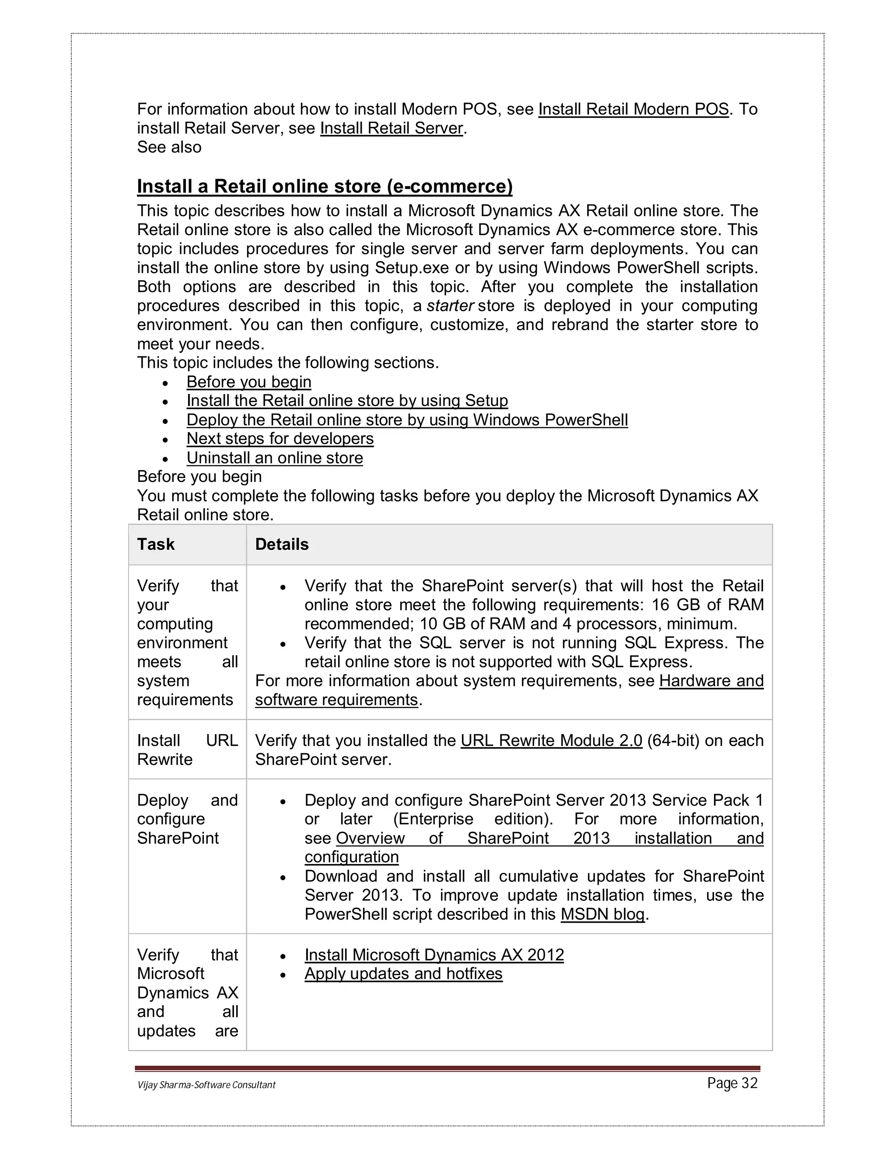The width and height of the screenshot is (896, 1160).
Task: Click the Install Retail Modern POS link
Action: click(633, 109)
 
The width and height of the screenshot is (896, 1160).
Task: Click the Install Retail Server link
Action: click(392, 129)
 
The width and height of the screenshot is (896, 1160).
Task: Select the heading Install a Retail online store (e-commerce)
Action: click(324, 186)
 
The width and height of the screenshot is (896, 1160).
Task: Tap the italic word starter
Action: click(450, 306)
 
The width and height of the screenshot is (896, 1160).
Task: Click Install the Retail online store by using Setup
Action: click(347, 401)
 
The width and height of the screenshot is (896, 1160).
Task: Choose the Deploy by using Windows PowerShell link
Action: click(406, 420)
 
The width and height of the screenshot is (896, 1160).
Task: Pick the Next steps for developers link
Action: click(280, 439)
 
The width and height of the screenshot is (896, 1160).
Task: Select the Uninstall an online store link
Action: click(274, 458)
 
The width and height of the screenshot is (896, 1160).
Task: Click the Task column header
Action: click(155, 545)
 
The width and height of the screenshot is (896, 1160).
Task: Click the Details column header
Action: click(282, 545)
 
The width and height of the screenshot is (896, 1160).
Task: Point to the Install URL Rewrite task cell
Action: click(187, 750)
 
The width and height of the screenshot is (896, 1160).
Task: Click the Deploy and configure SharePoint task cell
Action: click(187, 819)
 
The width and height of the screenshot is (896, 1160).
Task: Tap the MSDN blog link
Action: click(602, 914)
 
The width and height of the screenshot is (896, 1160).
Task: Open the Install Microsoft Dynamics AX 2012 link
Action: click(434, 955)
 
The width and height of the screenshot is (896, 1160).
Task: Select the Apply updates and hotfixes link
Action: click(403, 974)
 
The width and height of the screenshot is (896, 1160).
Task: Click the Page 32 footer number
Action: click(732, 1083)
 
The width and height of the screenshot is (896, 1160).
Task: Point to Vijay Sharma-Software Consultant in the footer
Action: click(206, 1085)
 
